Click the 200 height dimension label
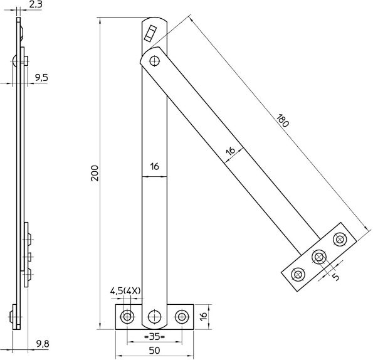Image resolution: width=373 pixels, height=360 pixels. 94,174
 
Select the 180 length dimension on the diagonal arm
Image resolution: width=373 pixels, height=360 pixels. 281,120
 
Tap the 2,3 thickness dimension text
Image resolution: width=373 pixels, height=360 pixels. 35,5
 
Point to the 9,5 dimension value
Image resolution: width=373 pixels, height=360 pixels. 41,77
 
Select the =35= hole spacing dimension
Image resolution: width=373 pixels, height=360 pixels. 154,336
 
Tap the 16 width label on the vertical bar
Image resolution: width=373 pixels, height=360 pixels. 155,167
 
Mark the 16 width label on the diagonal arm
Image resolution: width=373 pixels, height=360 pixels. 230,151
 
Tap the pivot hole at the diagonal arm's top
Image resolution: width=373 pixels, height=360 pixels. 154,61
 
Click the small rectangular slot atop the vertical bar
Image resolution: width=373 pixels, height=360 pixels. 150,33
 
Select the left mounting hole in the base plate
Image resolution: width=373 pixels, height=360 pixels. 127,316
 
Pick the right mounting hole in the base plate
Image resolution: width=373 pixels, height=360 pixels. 181,316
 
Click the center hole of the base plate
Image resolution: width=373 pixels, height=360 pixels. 154,316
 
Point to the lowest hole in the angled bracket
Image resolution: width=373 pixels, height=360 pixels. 298,274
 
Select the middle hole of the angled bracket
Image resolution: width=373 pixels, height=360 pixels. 319,257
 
